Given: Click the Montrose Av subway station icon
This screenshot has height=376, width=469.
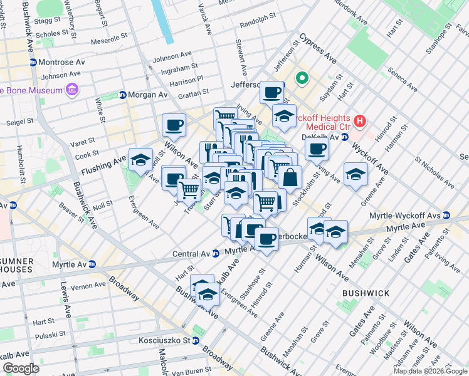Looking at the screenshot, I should click(33, 63).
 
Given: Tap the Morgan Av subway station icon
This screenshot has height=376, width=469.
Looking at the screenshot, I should click(122, 95).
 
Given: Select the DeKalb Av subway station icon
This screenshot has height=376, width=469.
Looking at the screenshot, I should click(345, 137).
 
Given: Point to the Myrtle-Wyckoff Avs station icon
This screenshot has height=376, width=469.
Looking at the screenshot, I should click(446, 216).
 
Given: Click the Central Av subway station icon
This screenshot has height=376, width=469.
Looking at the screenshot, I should click(215, 254).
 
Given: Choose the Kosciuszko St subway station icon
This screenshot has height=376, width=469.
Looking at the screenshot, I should click(196, 341).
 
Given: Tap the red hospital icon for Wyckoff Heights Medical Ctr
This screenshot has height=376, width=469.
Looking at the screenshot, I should click(360, 120).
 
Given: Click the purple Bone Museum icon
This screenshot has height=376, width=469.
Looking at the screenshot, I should click(72, 90).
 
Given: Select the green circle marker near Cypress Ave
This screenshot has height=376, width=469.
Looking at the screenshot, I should click(302, 79).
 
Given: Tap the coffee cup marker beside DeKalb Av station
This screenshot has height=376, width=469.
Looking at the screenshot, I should click(317, 149).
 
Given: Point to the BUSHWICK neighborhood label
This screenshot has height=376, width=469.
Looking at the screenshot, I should click(366, 293).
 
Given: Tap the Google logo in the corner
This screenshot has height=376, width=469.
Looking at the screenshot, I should click(20, 368).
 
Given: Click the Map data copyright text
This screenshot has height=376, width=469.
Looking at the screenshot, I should click(430, 371).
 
